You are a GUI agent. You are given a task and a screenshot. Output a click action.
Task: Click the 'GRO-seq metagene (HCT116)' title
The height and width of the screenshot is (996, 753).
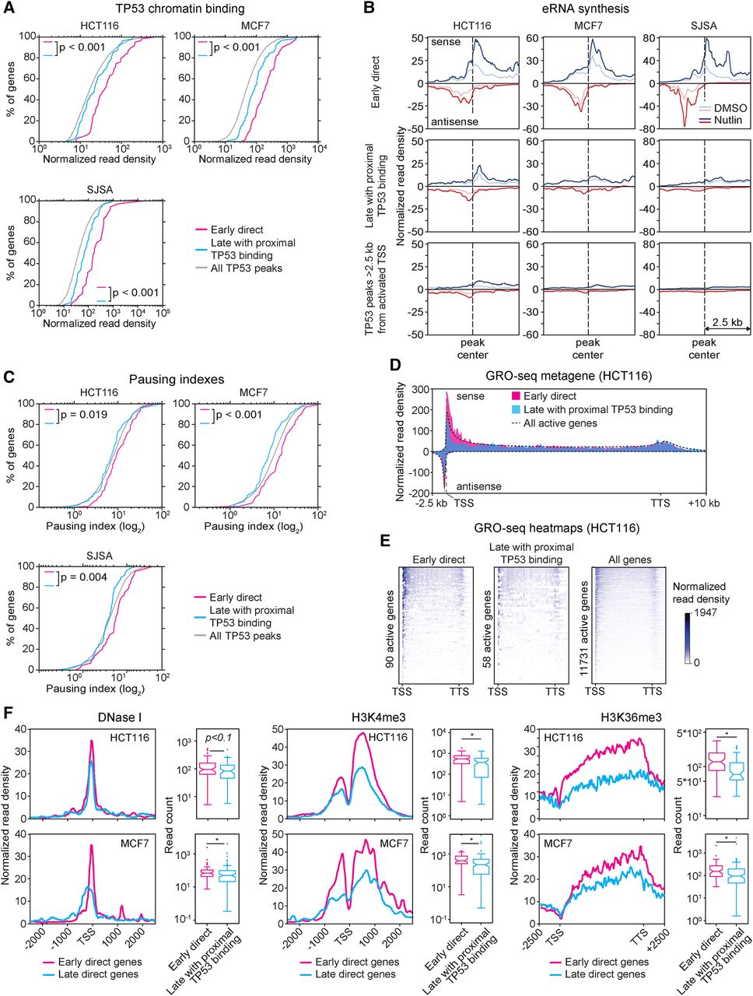[576, 377]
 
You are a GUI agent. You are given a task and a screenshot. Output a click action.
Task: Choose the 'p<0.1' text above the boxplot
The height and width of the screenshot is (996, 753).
[219, 738]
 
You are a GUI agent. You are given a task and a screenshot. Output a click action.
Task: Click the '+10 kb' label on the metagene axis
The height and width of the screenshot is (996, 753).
[704, 503]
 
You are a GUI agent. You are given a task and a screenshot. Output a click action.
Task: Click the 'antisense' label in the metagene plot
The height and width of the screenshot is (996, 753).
[478, 486]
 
